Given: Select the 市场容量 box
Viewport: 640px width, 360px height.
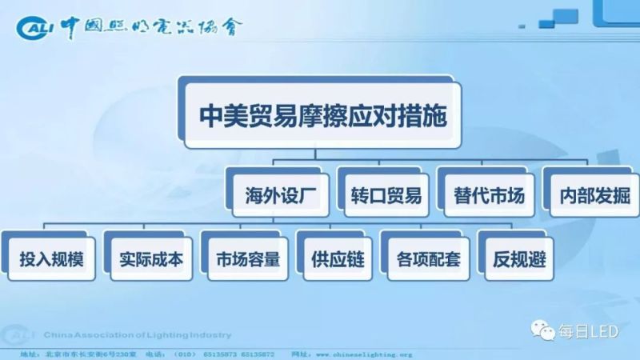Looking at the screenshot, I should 247,260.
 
